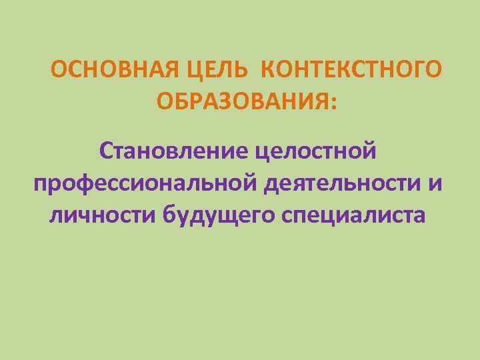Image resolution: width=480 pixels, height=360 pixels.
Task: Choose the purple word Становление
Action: [175, 151]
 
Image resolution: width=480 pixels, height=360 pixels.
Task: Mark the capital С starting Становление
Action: [105, 151]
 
